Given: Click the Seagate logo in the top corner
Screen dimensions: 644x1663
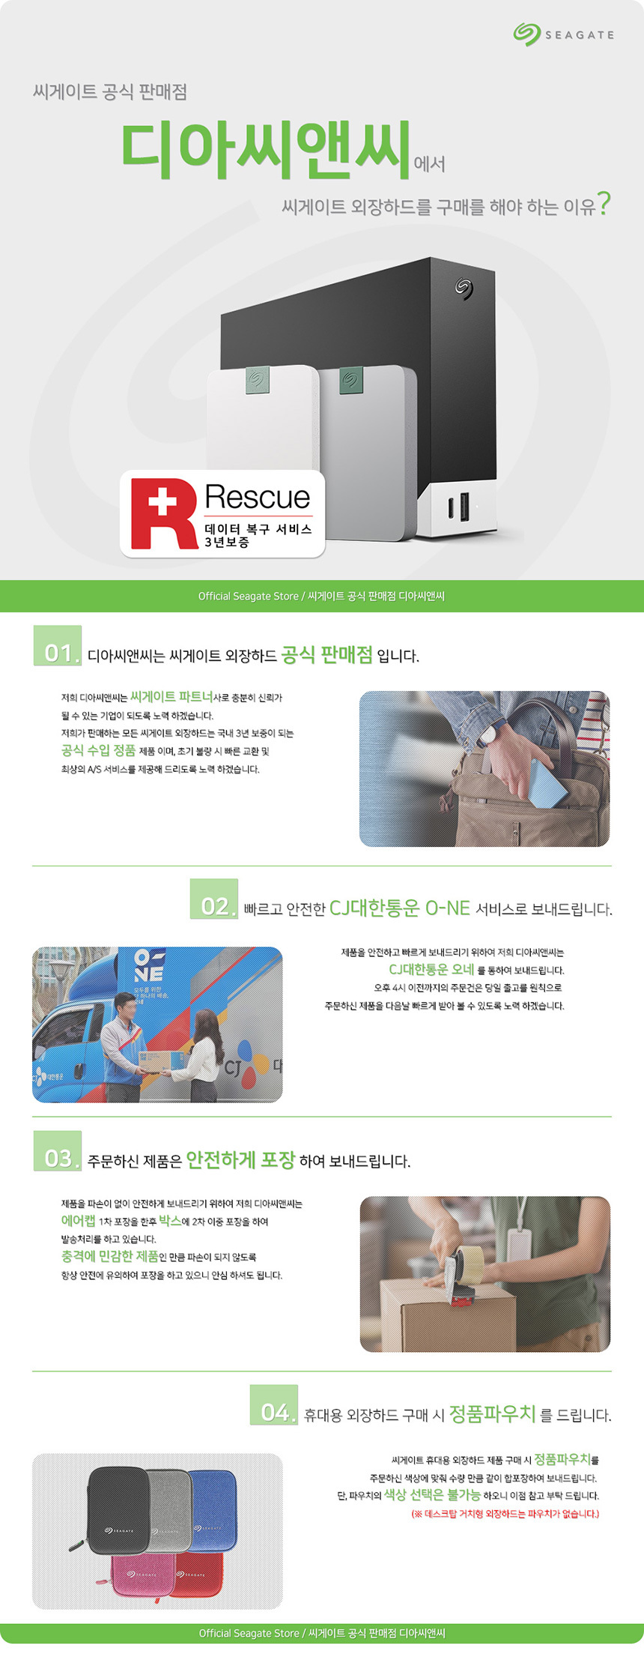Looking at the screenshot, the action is (563, 34).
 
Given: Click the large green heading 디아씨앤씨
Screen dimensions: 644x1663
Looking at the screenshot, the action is (267, 151).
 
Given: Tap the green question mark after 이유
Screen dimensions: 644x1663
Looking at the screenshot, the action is (604, 203).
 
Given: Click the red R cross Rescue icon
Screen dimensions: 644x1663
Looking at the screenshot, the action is (164, 513).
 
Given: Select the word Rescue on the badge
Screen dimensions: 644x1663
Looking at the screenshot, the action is (258, 497).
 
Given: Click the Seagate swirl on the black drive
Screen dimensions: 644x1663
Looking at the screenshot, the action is (464, 288).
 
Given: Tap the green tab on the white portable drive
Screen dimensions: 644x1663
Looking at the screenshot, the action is (258, 380).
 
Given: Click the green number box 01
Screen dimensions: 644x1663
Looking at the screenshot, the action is (58, 645).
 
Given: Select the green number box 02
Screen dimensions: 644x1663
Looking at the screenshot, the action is (214, 899).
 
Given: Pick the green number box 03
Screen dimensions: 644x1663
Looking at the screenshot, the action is (58, 1151).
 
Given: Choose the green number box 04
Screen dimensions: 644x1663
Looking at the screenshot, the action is (274, 1404).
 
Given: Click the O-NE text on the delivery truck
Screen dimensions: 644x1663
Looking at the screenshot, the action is (148, 965).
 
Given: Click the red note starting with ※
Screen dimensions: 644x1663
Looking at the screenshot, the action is (505, 1514).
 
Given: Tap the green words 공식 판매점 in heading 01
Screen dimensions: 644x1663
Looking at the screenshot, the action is (326, 654).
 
